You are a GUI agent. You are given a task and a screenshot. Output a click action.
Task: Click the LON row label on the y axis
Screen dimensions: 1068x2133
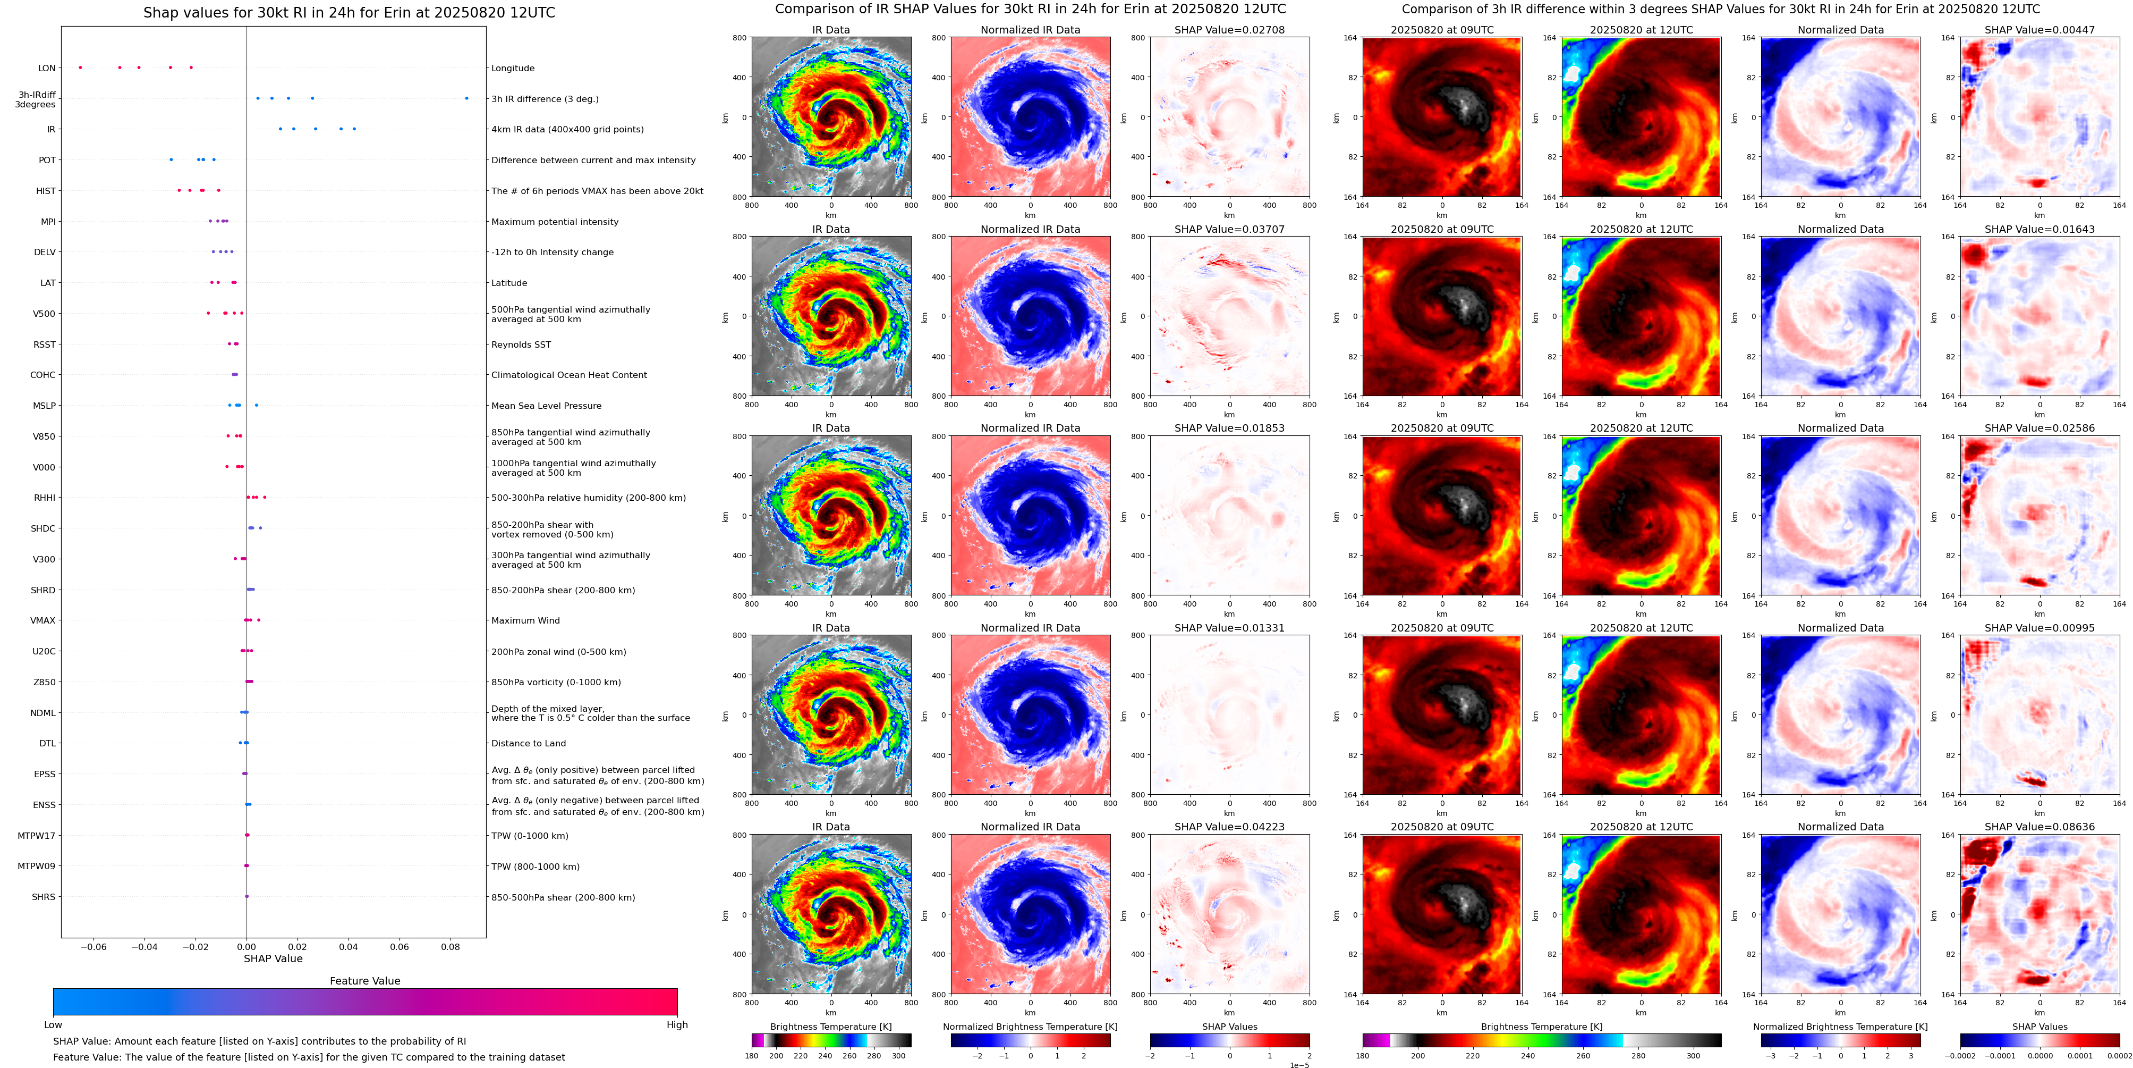[x=47, y=69]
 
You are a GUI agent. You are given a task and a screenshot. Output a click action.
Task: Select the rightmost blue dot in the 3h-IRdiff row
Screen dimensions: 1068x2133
[x=466, y=98]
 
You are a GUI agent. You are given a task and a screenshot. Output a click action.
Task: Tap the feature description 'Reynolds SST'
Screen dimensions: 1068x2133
[x=521, y=344]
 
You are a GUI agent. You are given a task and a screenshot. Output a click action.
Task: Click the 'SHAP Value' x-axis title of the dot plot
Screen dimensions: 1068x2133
[x=273, y=958]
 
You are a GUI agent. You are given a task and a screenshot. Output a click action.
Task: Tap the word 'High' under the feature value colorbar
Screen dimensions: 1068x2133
[x=677, y=1025]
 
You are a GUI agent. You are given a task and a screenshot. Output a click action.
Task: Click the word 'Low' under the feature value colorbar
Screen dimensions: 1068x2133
[x=53, y=1025]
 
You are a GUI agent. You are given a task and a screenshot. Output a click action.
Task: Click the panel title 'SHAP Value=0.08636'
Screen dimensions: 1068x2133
[x=2039, y=827]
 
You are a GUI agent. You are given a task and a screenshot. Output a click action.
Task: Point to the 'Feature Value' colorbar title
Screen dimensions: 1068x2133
[x=365, y=981]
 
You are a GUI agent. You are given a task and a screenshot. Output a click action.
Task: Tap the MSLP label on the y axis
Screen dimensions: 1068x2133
[x=45, y=406]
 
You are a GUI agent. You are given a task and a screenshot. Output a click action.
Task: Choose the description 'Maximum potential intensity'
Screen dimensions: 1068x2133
[x=555, y=222]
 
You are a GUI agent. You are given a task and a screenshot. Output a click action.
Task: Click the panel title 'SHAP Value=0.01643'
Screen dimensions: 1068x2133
[x=2039, y=230]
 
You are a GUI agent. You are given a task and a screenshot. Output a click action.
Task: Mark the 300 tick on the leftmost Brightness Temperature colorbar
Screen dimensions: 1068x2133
[x=898, y=1056]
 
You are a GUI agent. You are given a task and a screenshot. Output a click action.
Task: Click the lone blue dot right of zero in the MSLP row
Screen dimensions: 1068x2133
[x=257, y=405]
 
